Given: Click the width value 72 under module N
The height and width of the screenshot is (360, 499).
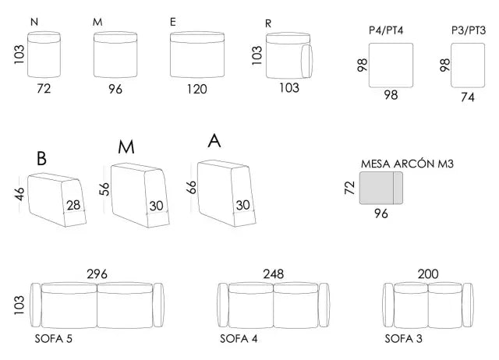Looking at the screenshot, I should [x=44, y=89].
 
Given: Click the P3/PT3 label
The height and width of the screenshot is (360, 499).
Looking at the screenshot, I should [x=469, y=30].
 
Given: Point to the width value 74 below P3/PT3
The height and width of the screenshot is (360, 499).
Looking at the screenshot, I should [x=468, y=97].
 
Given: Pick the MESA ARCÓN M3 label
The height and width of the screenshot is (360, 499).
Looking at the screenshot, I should [x=408, y=164].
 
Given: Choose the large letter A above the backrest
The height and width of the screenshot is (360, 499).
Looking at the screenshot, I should [x=214, y=142].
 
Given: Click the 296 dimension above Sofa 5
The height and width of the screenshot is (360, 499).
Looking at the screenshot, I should [x=97, y=274].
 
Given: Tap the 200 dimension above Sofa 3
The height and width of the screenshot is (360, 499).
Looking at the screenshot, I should [x=428, y=274].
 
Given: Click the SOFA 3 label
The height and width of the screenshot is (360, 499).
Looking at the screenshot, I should [x=405, y=339].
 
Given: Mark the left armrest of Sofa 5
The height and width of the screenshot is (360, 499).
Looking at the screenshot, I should [x=34, y=305].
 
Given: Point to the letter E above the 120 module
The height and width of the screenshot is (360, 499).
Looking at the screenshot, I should [x=173, y=22].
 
